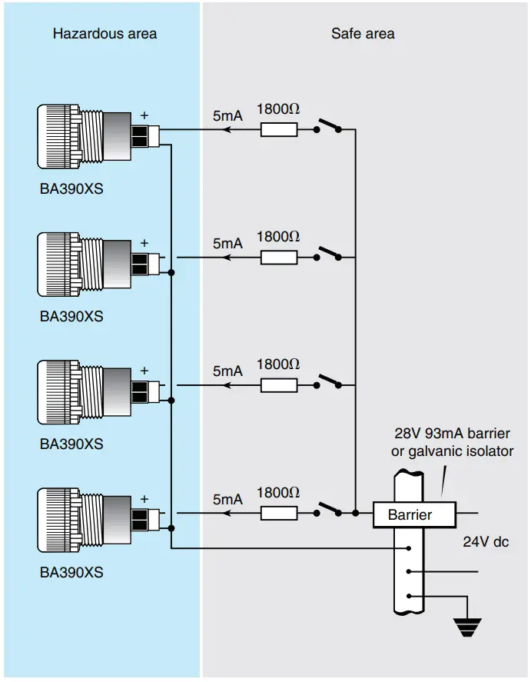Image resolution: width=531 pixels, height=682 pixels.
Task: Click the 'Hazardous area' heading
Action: click(105, 33)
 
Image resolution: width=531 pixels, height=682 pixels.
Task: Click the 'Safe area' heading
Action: click(363, 33)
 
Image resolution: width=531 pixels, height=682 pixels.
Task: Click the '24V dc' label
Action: click(486, 541)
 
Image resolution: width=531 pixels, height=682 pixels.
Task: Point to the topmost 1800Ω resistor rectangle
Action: click(279, 130)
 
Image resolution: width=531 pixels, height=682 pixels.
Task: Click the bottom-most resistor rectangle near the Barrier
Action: click(279, 513)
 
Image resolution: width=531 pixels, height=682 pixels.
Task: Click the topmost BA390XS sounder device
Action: click(85, 137)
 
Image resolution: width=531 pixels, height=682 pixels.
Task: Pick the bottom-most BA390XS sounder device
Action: click(85, 519)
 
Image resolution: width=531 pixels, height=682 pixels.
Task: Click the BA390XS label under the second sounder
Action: click(71, 316)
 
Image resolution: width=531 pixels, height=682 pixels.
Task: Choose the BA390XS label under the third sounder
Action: click(71, 444)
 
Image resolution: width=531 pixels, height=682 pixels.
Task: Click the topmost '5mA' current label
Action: click(227, 115)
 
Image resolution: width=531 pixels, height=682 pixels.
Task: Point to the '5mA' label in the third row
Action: click(227, 371)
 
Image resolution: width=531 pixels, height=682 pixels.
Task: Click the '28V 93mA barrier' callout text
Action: click(452, 434)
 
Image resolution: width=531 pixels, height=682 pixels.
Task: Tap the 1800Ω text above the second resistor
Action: click(278, 237)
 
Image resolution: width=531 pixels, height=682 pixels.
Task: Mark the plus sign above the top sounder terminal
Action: click(144, 115)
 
